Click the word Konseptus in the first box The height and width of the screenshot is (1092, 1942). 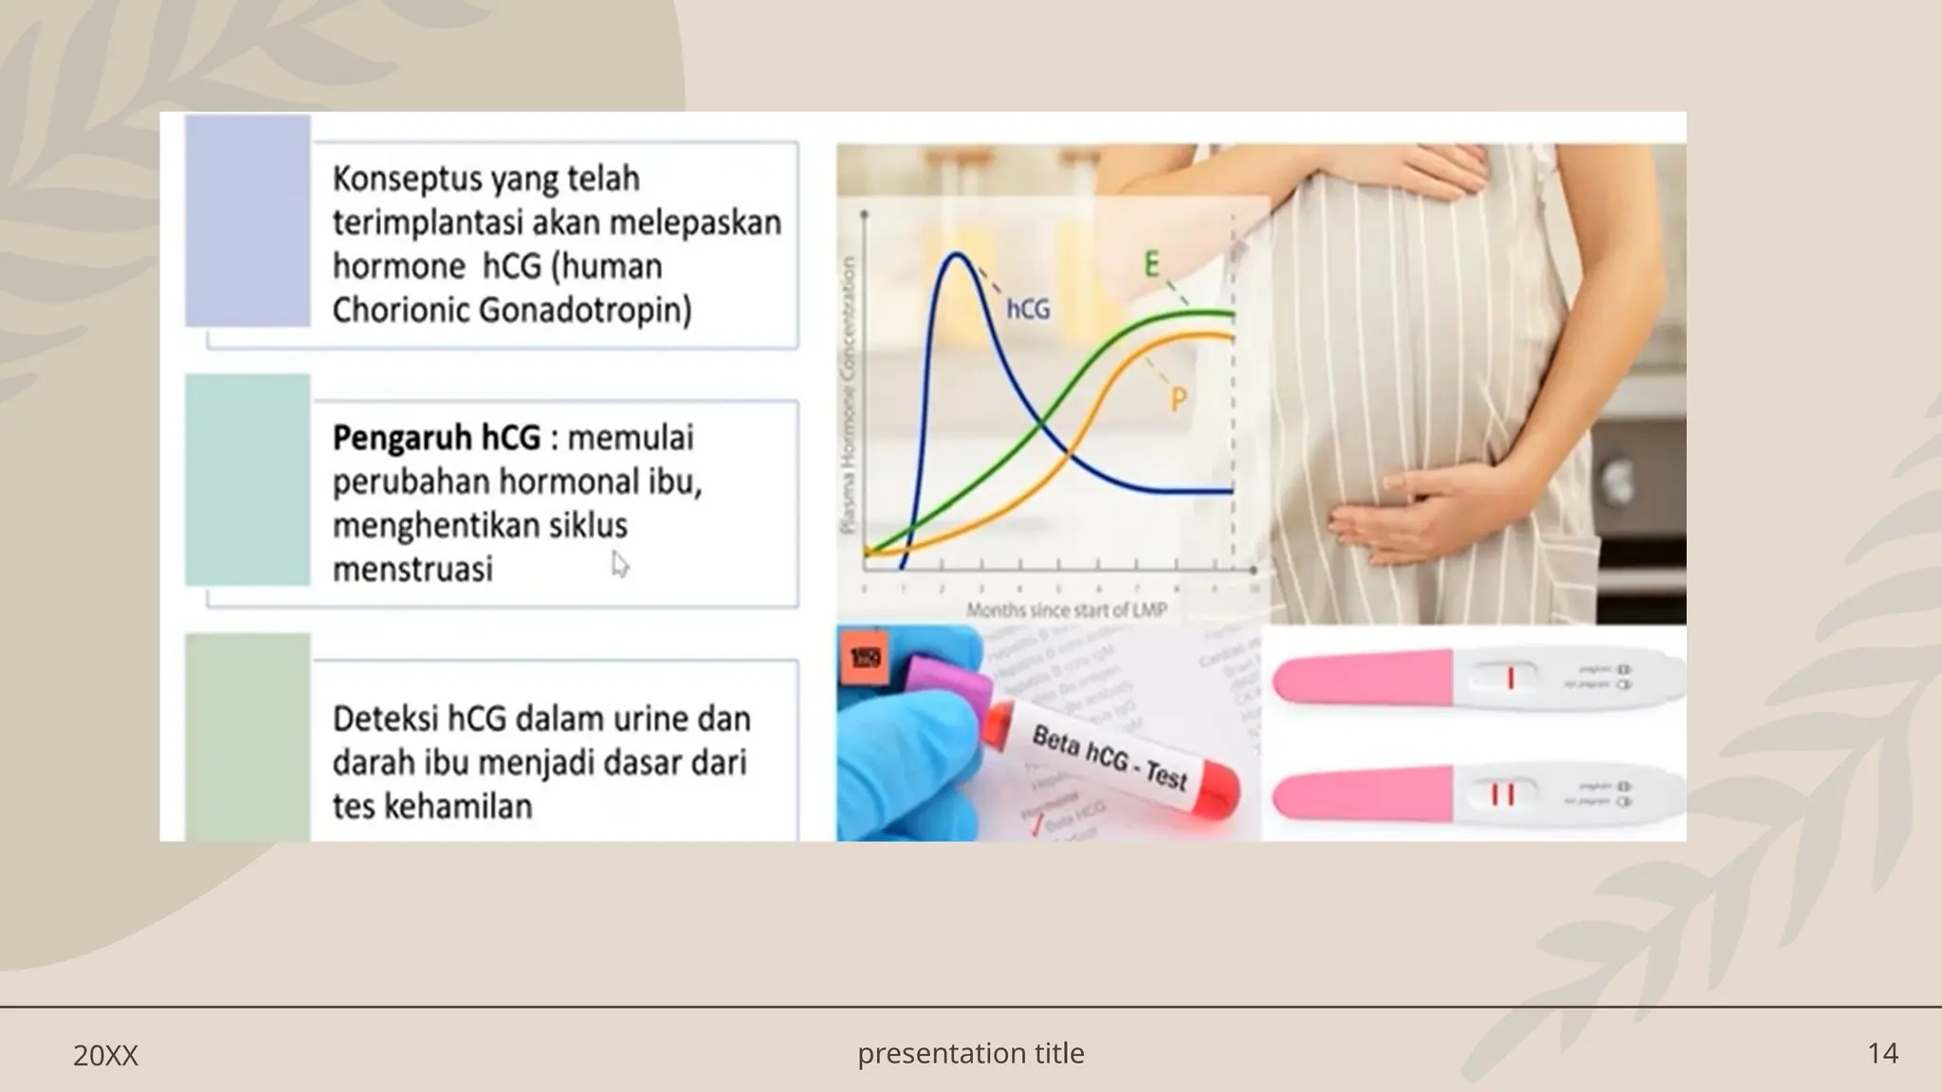click(391, 178)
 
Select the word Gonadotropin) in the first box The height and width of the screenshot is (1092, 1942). click(585, 310)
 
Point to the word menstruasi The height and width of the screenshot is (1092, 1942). click(412, 569)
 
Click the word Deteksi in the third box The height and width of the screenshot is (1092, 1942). click(384, 719)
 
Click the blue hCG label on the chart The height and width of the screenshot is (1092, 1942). click(1028, 309)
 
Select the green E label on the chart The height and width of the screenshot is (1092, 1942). click(1151, 264)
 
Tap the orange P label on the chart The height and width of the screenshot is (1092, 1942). click(1178, 400)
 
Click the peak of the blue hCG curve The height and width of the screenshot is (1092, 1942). click(958, 254)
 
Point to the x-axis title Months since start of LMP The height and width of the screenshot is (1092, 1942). click(1066, 610)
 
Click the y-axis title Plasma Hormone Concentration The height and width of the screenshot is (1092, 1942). click(849, 393)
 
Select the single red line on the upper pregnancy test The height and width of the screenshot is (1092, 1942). click(1511, 679)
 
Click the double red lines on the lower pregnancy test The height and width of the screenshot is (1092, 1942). click(1502, 793)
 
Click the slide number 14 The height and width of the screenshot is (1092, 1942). click(1882, 1053)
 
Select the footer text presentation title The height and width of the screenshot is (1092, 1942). click(970, 1053)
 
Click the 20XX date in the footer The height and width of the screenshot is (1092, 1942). click(105, 1055)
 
